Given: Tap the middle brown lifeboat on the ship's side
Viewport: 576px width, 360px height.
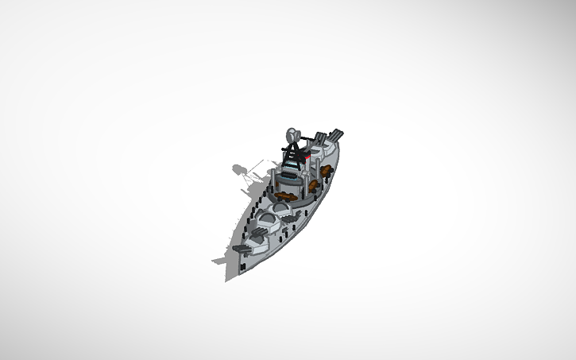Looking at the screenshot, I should click(315, 184).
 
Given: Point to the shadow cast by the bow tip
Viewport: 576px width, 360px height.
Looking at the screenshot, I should click(218, 260).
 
